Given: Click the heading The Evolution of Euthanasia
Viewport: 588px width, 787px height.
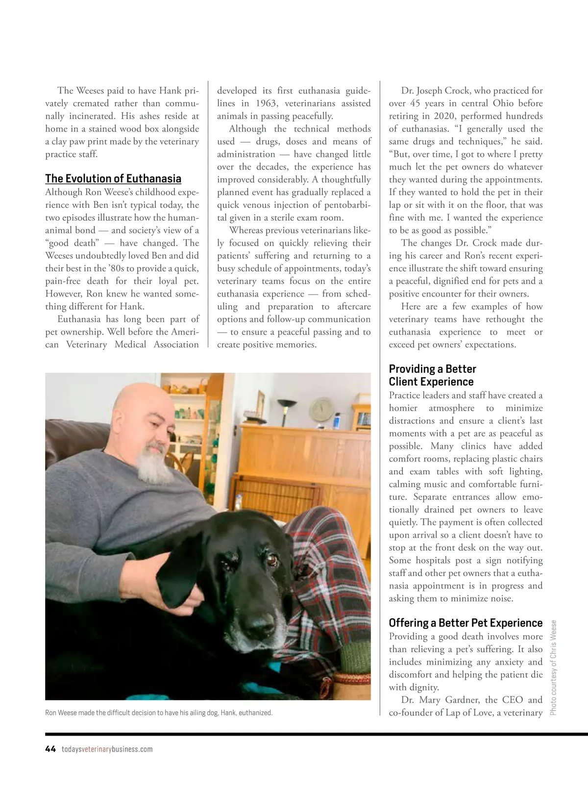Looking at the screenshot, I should (x=113, y=179).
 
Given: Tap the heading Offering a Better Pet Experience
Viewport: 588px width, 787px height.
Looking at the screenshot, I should (x=465, y=623).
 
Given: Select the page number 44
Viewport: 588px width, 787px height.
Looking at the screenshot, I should (x=50, y=749).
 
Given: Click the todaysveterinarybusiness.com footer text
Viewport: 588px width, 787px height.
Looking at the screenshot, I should (x=107, y=749).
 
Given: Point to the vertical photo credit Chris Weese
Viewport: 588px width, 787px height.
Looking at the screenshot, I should (x=554, y=667).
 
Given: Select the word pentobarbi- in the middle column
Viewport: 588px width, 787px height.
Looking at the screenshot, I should (x=343, y=205).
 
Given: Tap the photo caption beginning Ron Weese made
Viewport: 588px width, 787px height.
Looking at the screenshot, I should (x=159, y=713).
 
